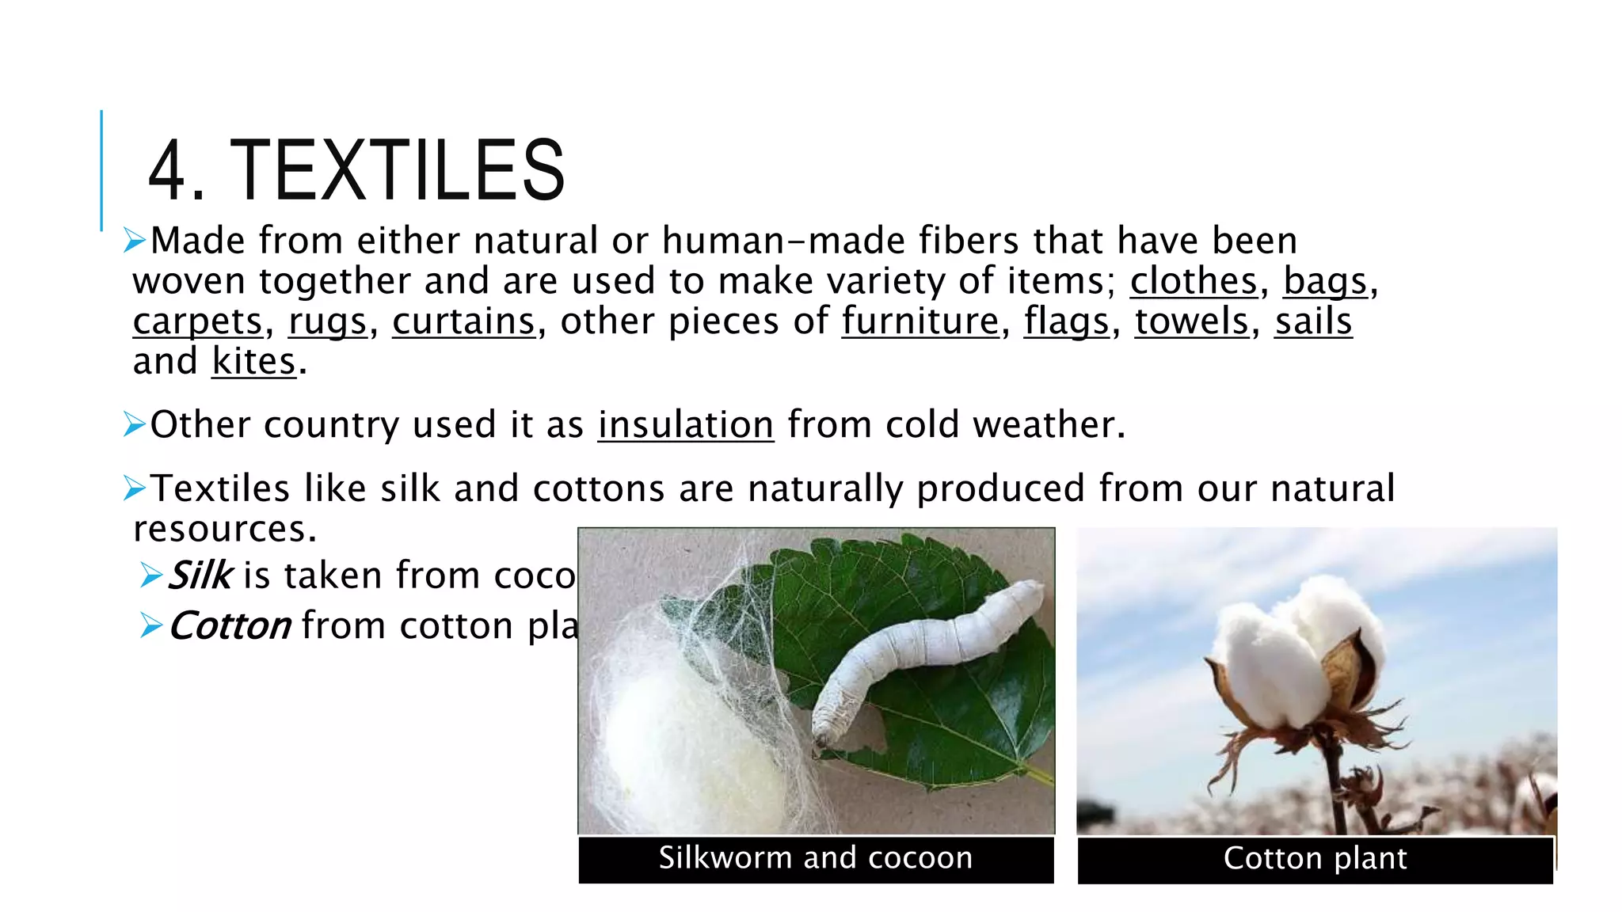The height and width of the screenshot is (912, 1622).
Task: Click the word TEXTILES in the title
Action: point(398,169)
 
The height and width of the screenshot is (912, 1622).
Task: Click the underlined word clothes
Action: point(1193,281)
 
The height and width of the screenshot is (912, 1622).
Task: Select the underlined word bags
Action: point(1325,281)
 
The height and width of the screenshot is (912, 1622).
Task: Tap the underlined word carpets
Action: point(197,321)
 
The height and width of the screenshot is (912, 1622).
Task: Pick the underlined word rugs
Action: point(327,321)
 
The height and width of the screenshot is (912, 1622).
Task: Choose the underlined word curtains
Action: point(463,321)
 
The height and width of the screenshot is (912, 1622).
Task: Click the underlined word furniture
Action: point(920,321)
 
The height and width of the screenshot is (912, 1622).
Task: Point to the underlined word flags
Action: point(1066,321)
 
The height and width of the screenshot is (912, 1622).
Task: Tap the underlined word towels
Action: point(1191,321)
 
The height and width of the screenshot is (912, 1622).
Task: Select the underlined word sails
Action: point(1313,321)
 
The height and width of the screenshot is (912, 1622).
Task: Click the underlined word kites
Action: point(253,362)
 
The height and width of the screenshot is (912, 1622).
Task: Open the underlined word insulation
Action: point(685,425)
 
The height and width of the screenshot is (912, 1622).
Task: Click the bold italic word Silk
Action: point(200,576)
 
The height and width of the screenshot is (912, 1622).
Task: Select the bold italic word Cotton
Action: point(230,626)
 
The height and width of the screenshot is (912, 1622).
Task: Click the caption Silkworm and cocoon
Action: point(816,858)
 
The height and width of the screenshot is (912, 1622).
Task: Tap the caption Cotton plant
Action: point(1315,858)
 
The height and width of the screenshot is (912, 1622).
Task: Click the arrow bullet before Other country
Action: point(134,425)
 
